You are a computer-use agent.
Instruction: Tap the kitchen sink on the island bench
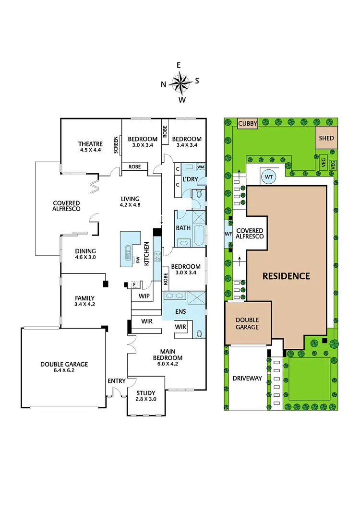[128, 252]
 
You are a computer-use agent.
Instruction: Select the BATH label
[183, 228]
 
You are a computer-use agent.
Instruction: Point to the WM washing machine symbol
[200, 167]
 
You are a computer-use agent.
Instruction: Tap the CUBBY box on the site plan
[248, 123]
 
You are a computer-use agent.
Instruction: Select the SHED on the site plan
[326, 138]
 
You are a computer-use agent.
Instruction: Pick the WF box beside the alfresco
[228, 234]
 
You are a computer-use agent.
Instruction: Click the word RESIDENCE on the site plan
[286, 276]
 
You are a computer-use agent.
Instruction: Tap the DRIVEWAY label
[247, 379]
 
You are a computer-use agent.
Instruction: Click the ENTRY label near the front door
[117, 381]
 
